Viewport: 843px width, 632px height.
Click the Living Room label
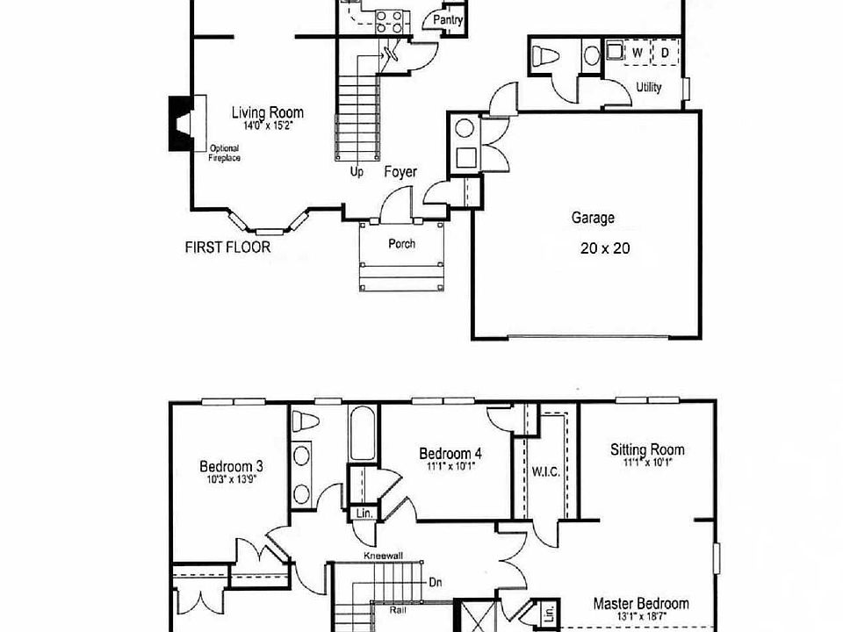point(268,112)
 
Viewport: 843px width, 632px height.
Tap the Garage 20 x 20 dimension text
point(605,248)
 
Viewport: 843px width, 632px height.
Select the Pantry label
point(448,21)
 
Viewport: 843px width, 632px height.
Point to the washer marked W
point(638,54)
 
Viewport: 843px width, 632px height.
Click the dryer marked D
point(665,54)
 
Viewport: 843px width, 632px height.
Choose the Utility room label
point(649,88)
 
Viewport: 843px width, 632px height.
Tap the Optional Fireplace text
point(224,154)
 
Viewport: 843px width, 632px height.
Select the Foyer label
point(400,172)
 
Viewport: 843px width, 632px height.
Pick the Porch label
point(402,244)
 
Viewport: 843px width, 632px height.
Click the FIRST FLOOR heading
point(227,248)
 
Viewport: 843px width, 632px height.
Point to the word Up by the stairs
point(357,172)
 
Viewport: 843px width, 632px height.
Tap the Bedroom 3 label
point(230,466)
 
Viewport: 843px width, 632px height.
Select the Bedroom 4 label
point(450,453)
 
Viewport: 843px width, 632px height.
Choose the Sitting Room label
point(647,450)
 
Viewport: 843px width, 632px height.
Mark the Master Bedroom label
point(640,604)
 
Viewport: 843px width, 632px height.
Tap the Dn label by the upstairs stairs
point(435,581)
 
